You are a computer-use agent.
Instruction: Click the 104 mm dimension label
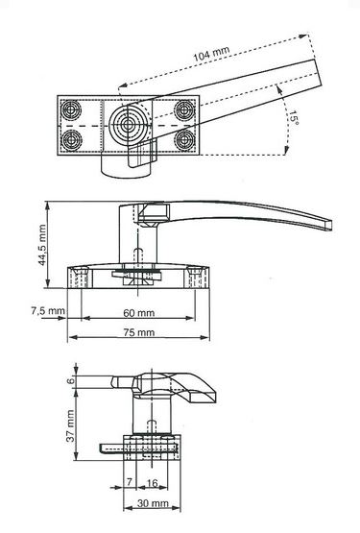211,54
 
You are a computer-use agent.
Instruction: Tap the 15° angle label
294,117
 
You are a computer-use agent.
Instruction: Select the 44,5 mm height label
42,245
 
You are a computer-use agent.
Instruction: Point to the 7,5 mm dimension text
48,311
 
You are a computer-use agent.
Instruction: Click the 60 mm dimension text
138,313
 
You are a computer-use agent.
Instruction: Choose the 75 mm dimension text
138,332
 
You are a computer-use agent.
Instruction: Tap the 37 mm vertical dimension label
70,425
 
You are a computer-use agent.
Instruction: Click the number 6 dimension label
70,380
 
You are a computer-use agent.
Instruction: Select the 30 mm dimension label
153,502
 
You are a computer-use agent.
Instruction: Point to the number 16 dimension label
152,483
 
